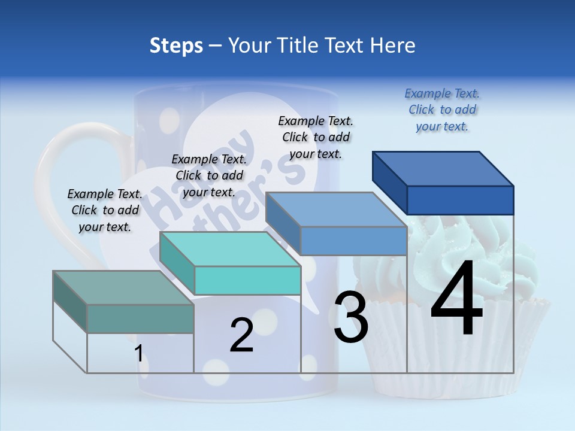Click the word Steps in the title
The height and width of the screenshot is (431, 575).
176,45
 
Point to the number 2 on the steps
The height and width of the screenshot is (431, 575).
242,335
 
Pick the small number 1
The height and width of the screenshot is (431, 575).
139,354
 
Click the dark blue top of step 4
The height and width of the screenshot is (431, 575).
443,168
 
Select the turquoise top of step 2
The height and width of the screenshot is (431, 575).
231,249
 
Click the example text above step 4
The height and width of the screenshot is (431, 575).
442,110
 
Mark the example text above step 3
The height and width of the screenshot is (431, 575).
316,137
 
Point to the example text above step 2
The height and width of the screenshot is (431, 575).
209,175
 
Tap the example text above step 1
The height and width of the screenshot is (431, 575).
105,210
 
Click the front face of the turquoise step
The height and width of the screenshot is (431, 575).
247,280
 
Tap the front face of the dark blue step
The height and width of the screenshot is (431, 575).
460,200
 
